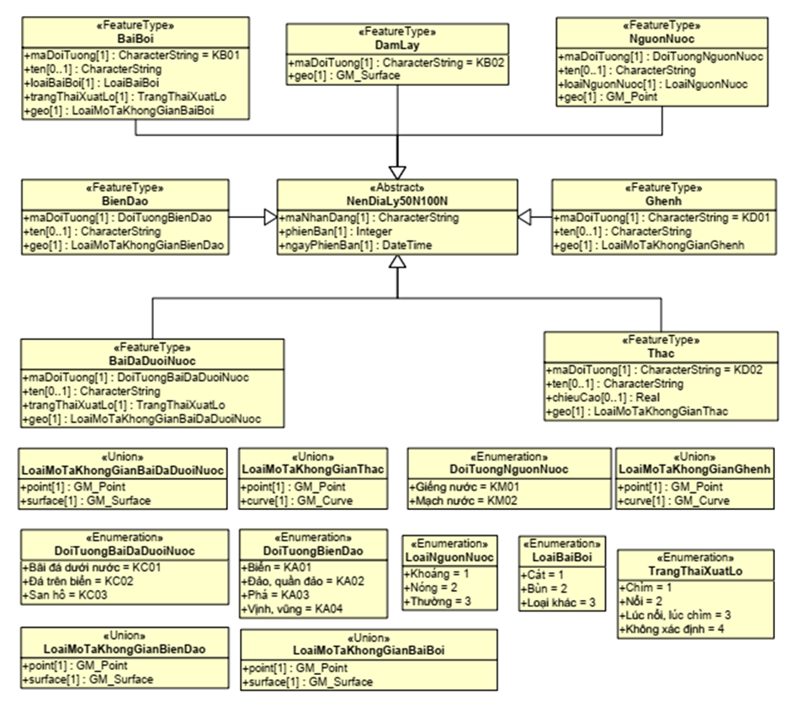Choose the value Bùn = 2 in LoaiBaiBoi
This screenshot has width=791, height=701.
point(546,587)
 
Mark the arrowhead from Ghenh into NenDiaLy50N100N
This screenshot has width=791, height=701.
point(523,217)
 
